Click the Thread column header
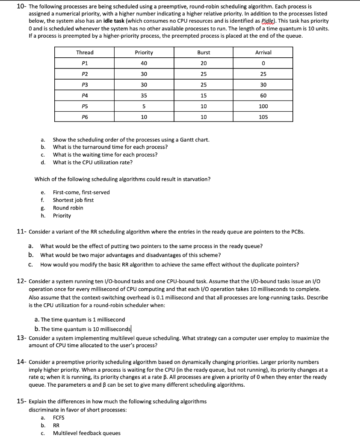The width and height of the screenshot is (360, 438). point(85,53)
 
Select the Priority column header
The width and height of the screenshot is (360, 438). point(144,53)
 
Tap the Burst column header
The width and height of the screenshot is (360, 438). point(204,53)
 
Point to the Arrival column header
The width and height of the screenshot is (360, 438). point(263,53)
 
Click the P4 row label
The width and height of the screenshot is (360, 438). point(85,95)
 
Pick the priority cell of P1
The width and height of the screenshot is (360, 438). point(144,63)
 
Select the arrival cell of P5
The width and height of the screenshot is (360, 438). point(263,106)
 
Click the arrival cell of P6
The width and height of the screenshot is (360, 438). point(263,117)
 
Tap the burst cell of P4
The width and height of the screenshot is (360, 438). point(204,95)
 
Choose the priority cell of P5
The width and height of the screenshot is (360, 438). point(144,106)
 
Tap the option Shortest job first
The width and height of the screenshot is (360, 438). point(73,200)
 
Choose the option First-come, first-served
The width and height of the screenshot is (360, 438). point(81,192)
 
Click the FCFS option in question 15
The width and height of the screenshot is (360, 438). point(59,418)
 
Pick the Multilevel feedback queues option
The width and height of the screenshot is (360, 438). point(87,433)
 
